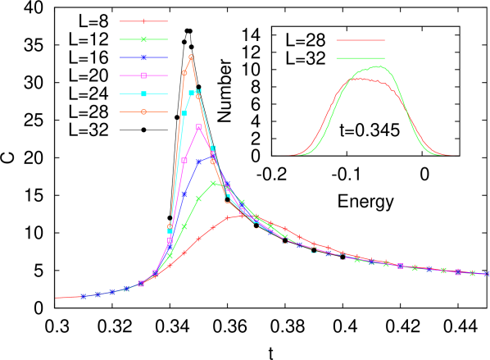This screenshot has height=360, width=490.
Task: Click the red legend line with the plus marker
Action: (143, 21)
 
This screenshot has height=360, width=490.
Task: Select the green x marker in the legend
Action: (143, 39)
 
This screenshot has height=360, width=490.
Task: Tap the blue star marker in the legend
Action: (143, 57)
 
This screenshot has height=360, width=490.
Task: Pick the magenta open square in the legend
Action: (143, 75)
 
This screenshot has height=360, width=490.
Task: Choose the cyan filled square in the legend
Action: (143, 93)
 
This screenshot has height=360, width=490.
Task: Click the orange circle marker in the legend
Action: (143, 112)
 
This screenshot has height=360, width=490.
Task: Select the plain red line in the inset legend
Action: (360, 39)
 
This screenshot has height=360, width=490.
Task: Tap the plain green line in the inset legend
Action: (360, 57)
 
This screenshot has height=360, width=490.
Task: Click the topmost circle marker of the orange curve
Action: (191, 57)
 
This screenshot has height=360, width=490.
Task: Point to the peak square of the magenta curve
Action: (198, 127)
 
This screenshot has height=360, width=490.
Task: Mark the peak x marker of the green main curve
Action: (213, 183)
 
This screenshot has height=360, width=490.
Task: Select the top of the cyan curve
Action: (195, 92)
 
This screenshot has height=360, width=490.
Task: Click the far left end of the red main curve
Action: (56, 298)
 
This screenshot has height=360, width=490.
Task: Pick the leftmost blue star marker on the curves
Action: (83, 296)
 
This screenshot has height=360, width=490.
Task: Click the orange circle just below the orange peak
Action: (184, 73)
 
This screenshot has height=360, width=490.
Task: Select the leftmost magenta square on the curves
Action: (141, 284)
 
